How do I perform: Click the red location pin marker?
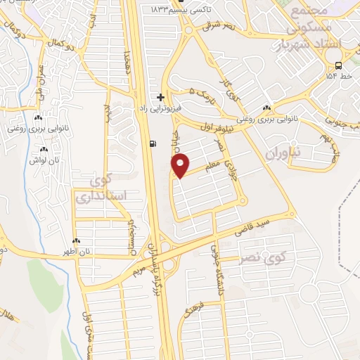[181, 165]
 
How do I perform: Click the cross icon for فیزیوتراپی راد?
[161, 97]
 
